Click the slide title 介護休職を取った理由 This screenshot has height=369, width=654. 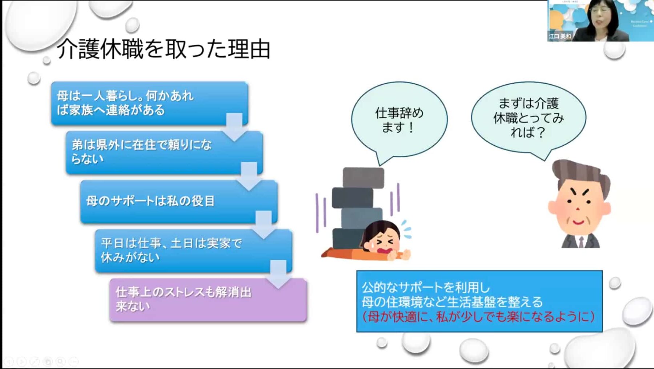164,49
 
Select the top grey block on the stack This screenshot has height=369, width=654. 363,178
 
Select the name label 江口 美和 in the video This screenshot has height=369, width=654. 560,36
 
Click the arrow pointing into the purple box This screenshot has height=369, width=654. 278,275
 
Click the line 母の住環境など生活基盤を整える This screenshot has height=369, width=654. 452,302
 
